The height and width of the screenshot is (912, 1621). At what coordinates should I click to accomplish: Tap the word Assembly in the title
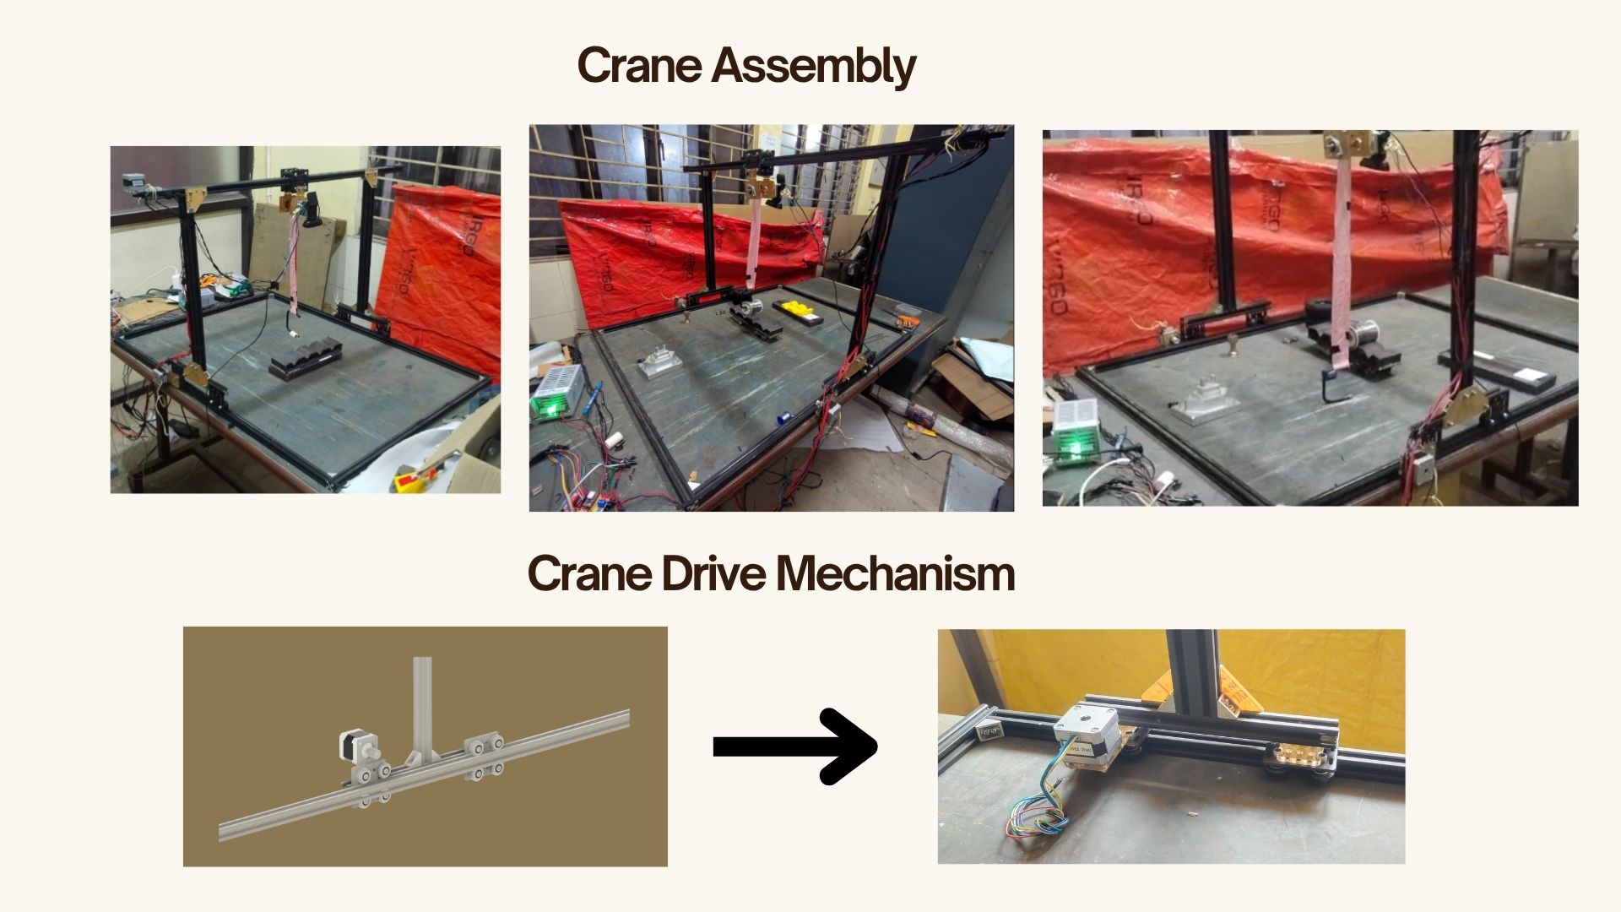click(x=814, y=67)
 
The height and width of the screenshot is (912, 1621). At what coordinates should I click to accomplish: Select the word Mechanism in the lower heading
click(x=895, y=573)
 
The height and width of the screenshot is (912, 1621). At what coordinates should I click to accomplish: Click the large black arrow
click(x=794, y=746)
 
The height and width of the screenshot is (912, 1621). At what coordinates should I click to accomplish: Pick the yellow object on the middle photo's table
click(x=795, y=308)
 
